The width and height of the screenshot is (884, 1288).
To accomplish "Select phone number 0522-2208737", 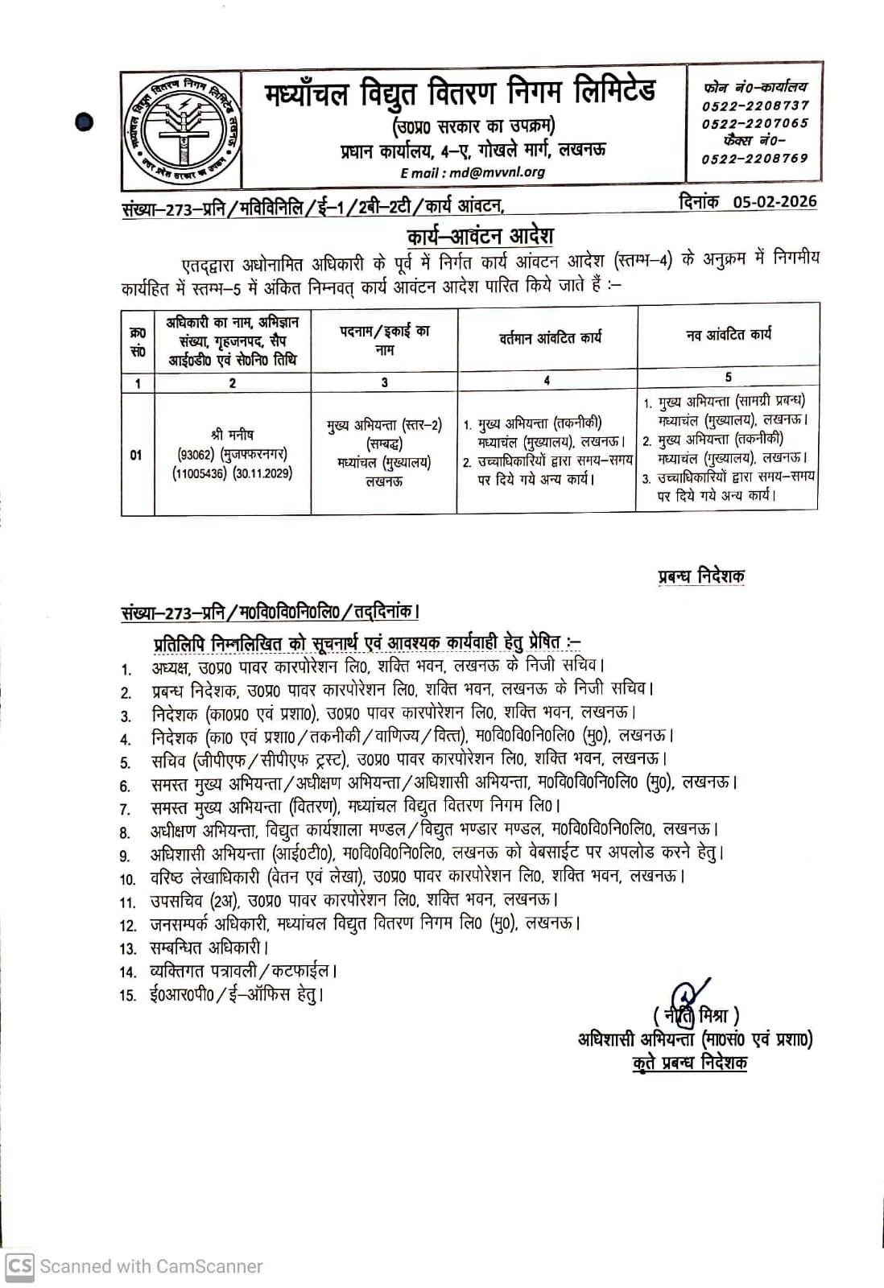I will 754,105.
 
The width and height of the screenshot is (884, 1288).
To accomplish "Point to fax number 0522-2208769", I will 754,159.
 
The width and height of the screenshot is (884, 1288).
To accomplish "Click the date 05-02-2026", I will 775,201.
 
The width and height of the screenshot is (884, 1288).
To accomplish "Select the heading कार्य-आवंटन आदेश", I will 481,237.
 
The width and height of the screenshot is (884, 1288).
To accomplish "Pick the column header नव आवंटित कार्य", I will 728,334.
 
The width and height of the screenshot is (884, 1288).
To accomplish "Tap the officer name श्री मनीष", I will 233,435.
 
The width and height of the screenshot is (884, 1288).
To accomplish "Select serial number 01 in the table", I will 137,455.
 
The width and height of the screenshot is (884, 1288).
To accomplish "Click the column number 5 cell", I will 728,377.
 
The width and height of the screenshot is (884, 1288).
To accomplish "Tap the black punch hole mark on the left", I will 84,122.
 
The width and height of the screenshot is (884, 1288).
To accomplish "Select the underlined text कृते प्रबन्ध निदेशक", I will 690,1063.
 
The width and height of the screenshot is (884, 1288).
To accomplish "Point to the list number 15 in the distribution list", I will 128,996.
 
